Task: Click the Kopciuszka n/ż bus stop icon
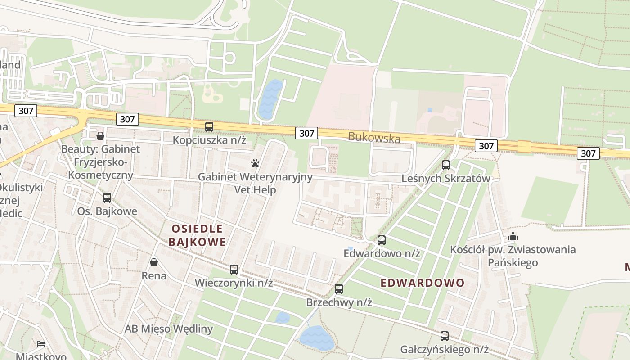click(209, 127)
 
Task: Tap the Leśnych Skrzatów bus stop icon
click(446, 165)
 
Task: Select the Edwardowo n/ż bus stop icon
click(382, 240)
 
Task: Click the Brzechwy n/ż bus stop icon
click(339, 289)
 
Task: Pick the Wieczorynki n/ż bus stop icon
click(234, 270)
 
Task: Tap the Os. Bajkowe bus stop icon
click(107, 198)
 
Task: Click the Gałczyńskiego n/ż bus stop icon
click(445, 336)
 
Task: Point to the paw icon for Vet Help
click(256, 163)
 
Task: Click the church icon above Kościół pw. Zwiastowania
click(513, 236)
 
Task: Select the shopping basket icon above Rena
click(154, 262)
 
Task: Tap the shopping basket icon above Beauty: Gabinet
click(100, 135)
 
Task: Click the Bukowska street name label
click(374, 138)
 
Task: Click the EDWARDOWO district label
click(423, 283)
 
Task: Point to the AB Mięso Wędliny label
click(169, 329)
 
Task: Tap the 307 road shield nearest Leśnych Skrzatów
click(486, 146)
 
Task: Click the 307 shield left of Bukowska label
click(307, 133)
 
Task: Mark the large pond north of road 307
click(270, 99)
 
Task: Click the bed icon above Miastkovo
click(41, 344)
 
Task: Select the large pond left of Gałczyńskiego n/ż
click(317, 338)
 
